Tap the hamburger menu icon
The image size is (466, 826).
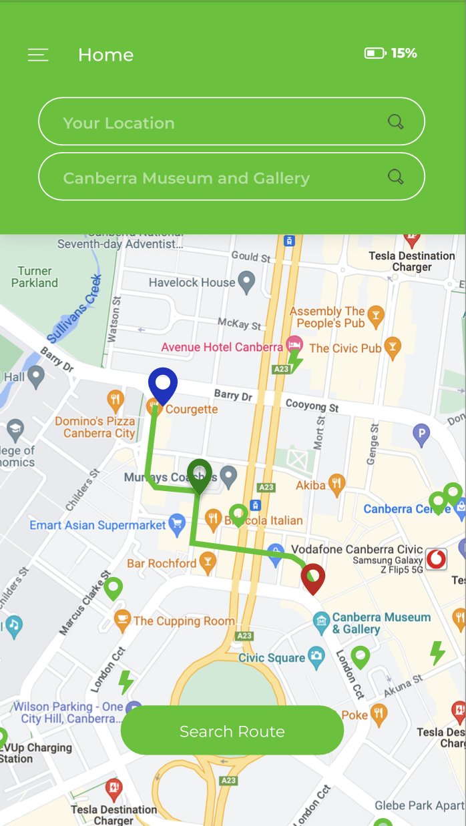point(38,55)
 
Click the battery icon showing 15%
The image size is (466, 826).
point(375,53)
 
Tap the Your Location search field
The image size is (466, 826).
point(214,122)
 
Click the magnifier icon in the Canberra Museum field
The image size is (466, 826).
point(396,177)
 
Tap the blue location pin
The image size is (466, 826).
point(163,386)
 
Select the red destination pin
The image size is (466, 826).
point(312,578)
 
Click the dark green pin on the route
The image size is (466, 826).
point(199,475)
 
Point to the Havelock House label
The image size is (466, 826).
point(192,283)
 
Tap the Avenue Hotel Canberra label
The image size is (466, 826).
point(222,348)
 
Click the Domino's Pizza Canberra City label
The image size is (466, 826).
point(95,427)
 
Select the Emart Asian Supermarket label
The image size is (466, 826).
point(97,525)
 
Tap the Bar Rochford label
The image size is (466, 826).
point(162,564)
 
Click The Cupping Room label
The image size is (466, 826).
point(184,621)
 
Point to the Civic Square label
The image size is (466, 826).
point(272,658)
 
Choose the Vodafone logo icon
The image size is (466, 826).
point(436,558)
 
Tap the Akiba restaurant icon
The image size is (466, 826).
point(337,484)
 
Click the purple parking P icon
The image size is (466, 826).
point(421,435)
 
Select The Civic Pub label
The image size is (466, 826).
point(345,348)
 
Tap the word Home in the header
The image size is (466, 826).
point(105,55)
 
